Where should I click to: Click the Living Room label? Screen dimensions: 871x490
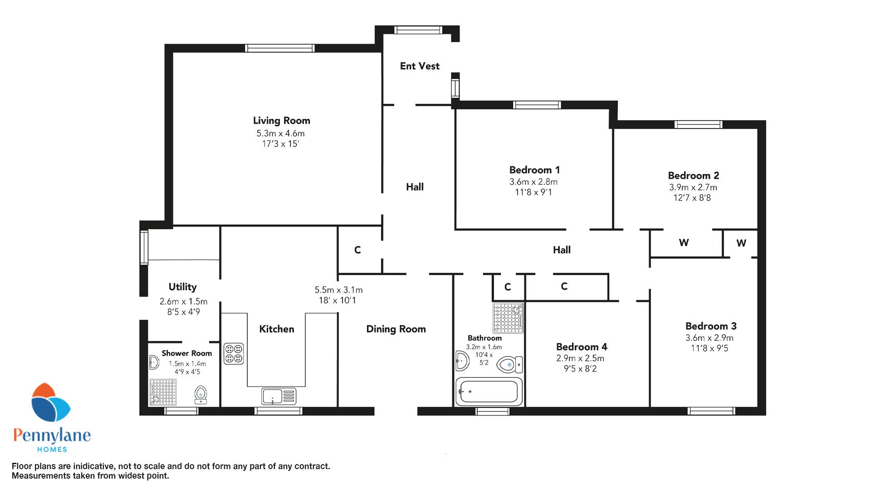coord(281,121)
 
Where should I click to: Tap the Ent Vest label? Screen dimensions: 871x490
coord(420,66)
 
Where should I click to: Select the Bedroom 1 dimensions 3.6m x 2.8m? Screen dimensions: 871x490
coord(533,182)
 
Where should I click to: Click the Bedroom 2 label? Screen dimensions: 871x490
coord(693,176)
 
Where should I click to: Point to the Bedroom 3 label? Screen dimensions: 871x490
coord(711,326)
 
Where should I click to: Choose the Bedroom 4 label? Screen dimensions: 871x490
coord(582,347)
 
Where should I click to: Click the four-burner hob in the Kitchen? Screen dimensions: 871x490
coord(234,354)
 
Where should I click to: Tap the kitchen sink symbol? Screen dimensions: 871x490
coord(279,396)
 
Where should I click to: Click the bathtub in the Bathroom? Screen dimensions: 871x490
coord(489,392)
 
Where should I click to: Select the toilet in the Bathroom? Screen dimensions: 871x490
coord(510,364)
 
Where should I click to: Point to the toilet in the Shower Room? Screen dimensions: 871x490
coord(201,395)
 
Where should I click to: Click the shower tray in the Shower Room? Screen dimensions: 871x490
coord(163,392)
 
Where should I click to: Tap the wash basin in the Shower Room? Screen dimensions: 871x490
coord(154,363)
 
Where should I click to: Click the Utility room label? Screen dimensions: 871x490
coord(182,287)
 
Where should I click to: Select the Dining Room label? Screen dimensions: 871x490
coord(396,329)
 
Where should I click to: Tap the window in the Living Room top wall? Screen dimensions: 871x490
coord(279,48)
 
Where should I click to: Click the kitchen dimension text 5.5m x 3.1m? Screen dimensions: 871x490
coord(338,290)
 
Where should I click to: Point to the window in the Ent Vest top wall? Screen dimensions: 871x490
coord(418,30)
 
